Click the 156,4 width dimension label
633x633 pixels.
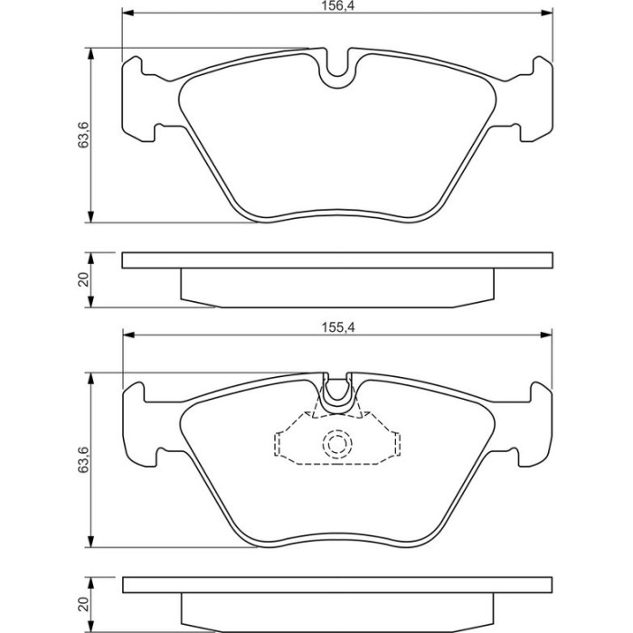(337, 5)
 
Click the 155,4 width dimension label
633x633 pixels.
(337, 327)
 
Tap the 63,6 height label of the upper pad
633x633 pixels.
(83, 135)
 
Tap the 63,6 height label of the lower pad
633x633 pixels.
(83, 459)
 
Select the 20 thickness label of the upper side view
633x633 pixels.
(83, 279)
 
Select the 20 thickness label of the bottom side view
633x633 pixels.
(83, 604)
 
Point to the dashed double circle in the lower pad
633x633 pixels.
(337, 444)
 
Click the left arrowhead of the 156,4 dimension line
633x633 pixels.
(128, 14)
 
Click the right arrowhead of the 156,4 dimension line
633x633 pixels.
(546, 14)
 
